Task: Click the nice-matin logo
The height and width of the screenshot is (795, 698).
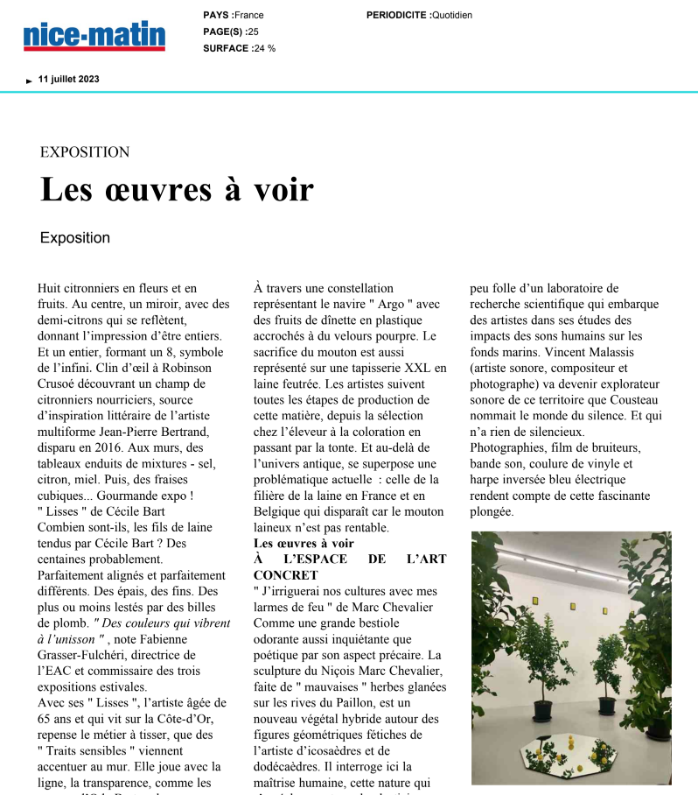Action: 94,36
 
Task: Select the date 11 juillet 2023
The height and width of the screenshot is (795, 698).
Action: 68,79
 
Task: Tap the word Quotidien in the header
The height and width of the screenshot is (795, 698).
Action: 452,15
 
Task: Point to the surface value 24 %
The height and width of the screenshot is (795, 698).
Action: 264,48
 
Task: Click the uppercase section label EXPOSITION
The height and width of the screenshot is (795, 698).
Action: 85,152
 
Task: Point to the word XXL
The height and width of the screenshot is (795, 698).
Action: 415,368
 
